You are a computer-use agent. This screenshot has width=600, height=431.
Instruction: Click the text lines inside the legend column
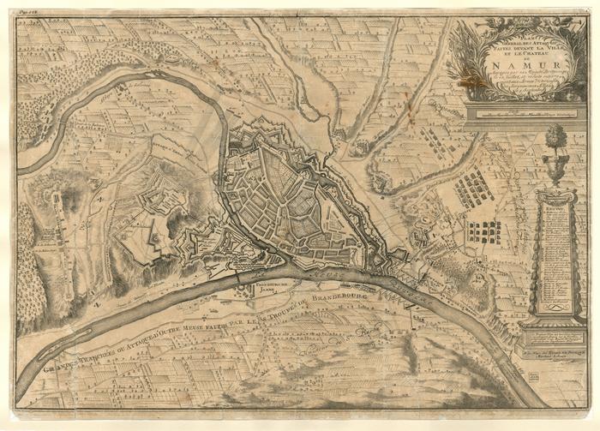click(555, 248)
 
